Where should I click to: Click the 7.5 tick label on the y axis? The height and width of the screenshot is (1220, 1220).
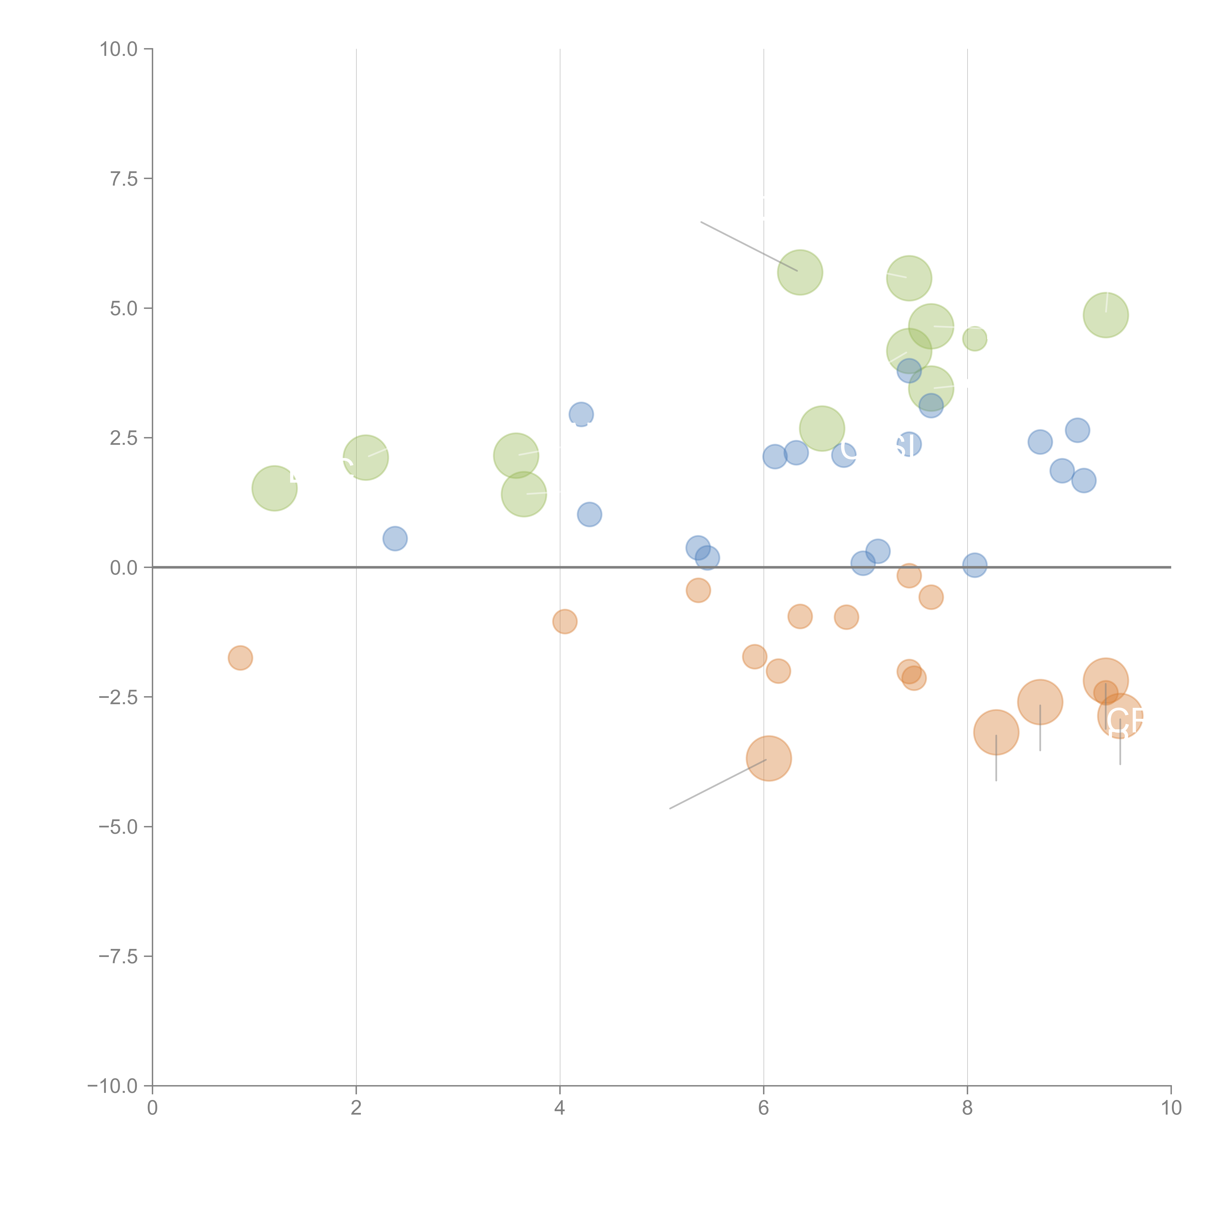pyautogui.click(x=124, y=179)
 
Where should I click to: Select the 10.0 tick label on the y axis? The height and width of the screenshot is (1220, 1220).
pyautogui.click(x=119, y=49)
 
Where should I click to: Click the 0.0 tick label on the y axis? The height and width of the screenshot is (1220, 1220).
pyautogui.click(x=124, y=568)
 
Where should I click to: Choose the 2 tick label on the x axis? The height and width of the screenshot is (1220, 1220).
pyautogui.click(x=356, y=1108)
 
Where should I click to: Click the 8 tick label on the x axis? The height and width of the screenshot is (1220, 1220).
pyautogui.click(x=967, y=1108)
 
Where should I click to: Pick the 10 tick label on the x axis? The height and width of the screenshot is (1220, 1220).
pyautogui.click(x=1171, y=1108)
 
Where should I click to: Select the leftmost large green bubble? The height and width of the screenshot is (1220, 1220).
pyautogui.click(x=275, y=488)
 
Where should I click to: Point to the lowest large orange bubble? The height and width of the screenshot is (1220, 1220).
pyautogui.click(x=769, y=758)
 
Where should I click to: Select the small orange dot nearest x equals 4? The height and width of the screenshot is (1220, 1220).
pyautogui.click(x=565, y=621)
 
